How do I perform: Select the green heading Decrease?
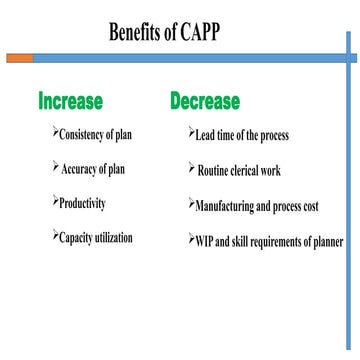pyautogui.click(x=205, y=101)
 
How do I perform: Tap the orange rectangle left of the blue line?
pyautogui.click(x=19, y=59)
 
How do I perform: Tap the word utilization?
pyautogui.click(x=114, y=240)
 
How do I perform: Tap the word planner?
pyautogui.click(x=328, y=242)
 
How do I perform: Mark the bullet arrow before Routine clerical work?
pyautogui.click(x=191, y=168)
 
